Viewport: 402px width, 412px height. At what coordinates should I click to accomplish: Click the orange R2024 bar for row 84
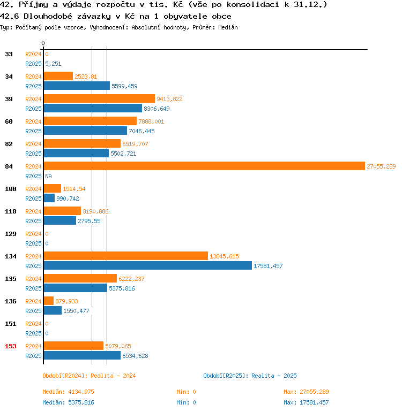tap(204, 166)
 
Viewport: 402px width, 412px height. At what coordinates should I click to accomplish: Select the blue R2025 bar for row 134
tap(147, 266)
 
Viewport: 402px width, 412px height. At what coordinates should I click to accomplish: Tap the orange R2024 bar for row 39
tap(99, 99)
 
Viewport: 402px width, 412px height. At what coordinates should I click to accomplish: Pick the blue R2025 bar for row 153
tap(82, 356)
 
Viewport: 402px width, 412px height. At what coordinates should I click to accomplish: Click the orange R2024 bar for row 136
tap(49, 301)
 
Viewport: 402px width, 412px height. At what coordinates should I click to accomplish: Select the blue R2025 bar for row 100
tap(49, 199)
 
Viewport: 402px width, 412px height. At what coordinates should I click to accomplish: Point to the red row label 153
tap(11, 346)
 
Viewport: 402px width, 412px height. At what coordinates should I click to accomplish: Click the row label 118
tap(11, 211)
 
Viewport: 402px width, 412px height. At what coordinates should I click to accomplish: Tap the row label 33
tap(9, 54)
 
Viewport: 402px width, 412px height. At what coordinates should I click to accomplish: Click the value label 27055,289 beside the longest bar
tap(381, 166)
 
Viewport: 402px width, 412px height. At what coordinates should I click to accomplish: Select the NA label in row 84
tap(49, 176)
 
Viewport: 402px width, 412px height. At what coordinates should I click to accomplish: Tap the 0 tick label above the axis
tap(43, 43)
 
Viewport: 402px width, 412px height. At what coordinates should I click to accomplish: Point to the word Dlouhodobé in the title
tap(48, 16)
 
